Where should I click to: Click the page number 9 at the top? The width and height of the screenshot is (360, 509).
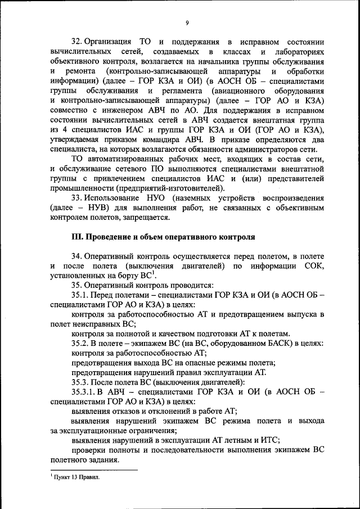pos(186,22)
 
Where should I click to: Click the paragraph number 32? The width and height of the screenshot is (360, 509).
pos(76,43)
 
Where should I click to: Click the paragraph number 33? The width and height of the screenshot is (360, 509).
pos(76,199)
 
